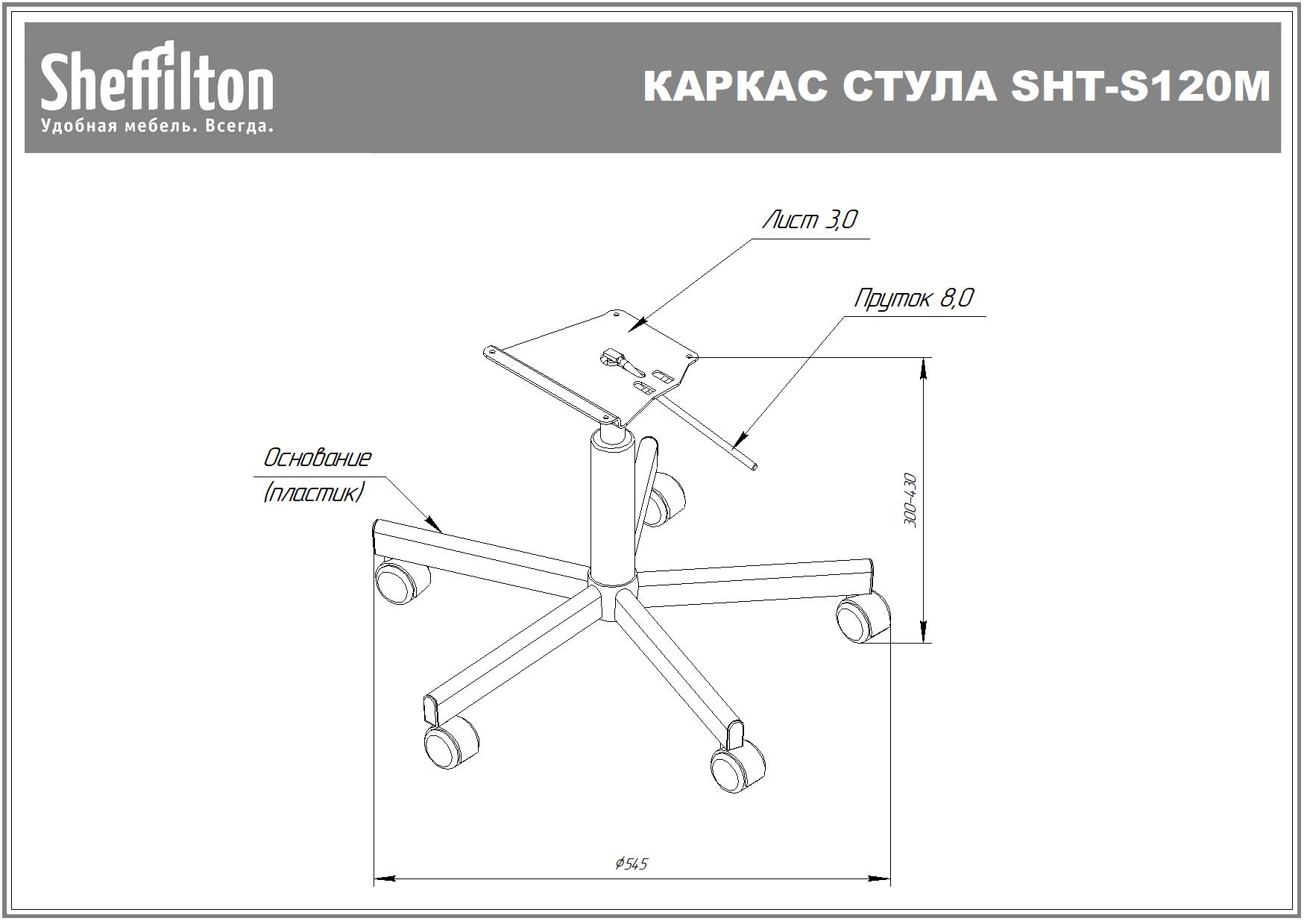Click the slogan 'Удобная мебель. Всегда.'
point(157,126)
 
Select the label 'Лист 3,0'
point(810,220)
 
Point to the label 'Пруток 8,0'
point(914,298)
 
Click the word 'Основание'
point(318,458)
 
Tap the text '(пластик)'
point(314,493)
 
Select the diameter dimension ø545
point(631,864)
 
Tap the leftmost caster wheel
point(401,581)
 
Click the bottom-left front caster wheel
point(450,743)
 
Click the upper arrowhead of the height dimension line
point(925,365)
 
